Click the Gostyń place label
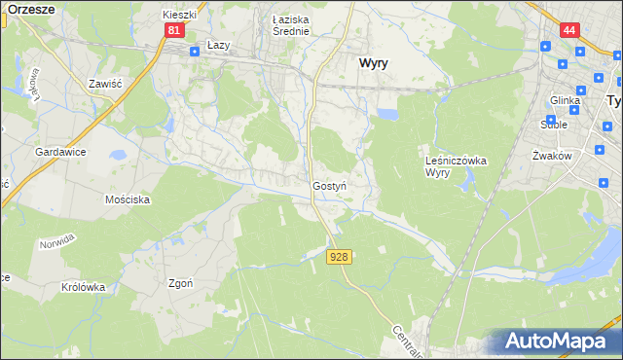[330, 185]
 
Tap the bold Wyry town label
[375, 62]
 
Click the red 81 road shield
[172, 31]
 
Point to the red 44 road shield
[569, 31]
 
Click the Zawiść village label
[104, 85]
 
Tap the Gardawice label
[62, 153]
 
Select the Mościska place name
[127, 199]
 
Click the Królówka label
[83, 287]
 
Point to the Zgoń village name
[180, 284]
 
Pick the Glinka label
[565, 100]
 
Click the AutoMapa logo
[561, 342]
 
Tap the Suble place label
[555, 125]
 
